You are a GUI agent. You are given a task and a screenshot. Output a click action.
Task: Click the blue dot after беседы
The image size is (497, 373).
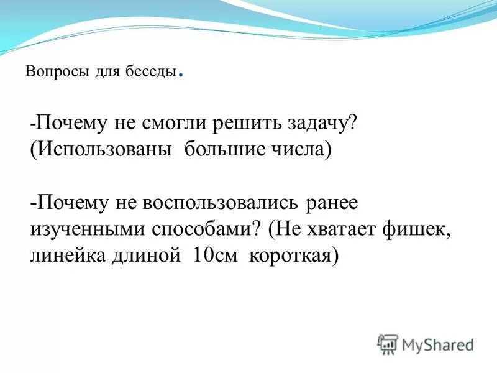coord(180,76)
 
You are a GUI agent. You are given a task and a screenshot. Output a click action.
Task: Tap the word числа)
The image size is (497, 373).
coord(301,151)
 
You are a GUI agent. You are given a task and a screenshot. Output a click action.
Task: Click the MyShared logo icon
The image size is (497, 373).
coord(388,344)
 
